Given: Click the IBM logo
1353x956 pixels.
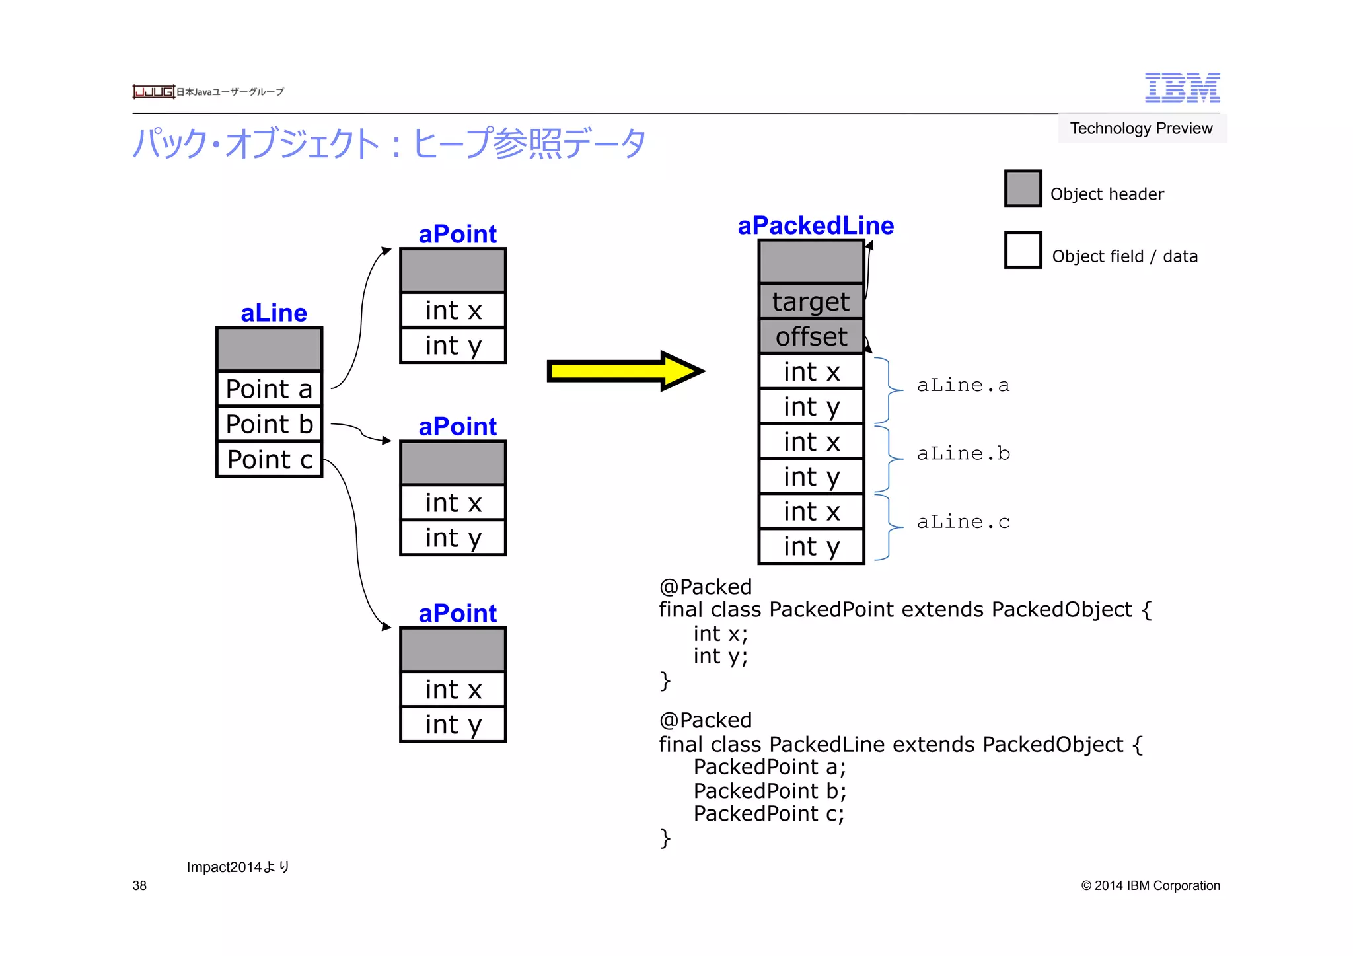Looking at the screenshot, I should click(1182, 88).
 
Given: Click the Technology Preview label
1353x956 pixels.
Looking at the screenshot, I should click(1141, 128).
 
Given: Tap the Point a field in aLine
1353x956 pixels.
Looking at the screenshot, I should click(269, 389).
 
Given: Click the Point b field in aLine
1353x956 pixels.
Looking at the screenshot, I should click(269, 424).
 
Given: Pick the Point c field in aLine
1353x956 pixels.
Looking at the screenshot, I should click(269, 459).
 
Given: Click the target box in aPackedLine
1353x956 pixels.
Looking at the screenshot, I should click(811, 302).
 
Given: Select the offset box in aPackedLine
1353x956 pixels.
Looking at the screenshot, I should click(811, 337).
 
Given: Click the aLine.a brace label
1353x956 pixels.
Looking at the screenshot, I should click(963, 385).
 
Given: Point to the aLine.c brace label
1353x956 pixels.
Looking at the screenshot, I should click(963, 522).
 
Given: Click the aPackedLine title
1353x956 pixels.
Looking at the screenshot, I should click(815, 226).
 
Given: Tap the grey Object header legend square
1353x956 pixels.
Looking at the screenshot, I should click(1023, 189).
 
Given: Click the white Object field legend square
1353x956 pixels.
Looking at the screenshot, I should click(1023, 250).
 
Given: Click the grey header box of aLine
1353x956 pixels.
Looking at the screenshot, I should click(269, 349).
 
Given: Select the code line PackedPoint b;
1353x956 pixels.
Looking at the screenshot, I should click(770, 791).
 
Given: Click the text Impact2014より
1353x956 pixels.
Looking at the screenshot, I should click(238, 867).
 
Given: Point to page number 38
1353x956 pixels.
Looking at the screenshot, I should click(139, 885).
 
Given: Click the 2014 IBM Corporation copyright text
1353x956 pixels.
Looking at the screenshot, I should click(1150, 885).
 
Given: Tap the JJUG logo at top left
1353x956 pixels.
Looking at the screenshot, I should click(153, 92).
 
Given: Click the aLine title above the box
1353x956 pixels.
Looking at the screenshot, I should click(274, 313).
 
